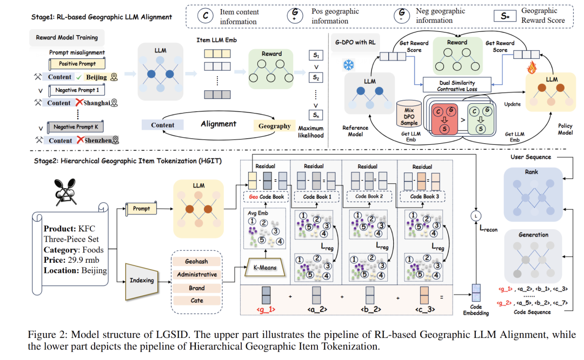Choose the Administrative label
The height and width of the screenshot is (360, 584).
197,274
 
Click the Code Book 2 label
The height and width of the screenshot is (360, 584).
371,197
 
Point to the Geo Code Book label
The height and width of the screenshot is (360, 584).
266,197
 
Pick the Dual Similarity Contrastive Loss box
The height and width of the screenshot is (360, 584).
457,85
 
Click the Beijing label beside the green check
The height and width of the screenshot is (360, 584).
96,77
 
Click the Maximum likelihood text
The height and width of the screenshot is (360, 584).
311,131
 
